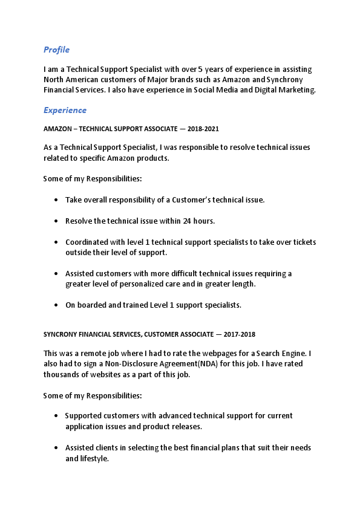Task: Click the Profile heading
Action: point(56,50)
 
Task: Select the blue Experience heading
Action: point(65,110)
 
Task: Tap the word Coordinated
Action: point(88,242)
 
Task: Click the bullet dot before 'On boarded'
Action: point(56,305)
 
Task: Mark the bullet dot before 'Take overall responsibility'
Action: point(56,199)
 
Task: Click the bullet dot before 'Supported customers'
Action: point(56,416)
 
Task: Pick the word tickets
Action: point(304,242)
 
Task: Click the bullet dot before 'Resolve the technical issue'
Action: point(56,221)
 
